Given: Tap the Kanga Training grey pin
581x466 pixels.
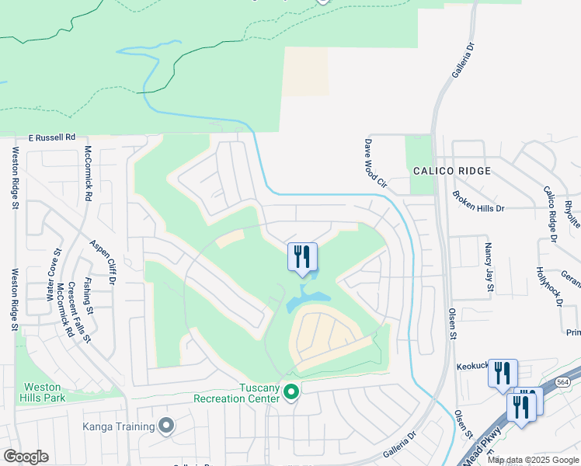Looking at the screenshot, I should pyautogui.click(x=165, y=425).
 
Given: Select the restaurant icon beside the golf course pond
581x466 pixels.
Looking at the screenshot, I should pyautogui.click(x=301, y=257).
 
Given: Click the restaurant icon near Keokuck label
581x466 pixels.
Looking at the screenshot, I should pyautogui.click(x=502, y=373).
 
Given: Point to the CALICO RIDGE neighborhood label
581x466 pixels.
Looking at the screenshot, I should pyautogui.click(x=451, y=171).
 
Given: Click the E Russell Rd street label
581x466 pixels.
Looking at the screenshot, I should pyautogui.click(x=53, y=136).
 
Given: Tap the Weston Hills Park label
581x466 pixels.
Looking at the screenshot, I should pyautogui.click(x=43, y=391).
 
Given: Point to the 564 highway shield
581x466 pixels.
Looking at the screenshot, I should pyautogui.click(x=568, y=382).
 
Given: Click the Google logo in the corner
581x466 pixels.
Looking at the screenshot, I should pyautogui.click(x=26, y=457).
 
